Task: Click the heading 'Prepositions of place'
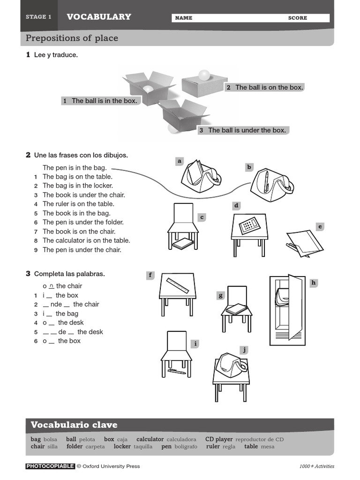72,38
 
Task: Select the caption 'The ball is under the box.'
247,130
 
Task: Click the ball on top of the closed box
204,75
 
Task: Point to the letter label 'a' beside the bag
179,161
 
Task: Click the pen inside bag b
266,180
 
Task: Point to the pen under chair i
177,372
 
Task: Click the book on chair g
236,309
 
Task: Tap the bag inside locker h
283,296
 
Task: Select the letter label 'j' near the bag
244,350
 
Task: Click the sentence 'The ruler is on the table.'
78,204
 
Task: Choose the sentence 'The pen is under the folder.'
83,222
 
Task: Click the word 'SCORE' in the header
298,18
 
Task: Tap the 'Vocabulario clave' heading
74,425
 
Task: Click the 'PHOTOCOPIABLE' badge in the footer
50,466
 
